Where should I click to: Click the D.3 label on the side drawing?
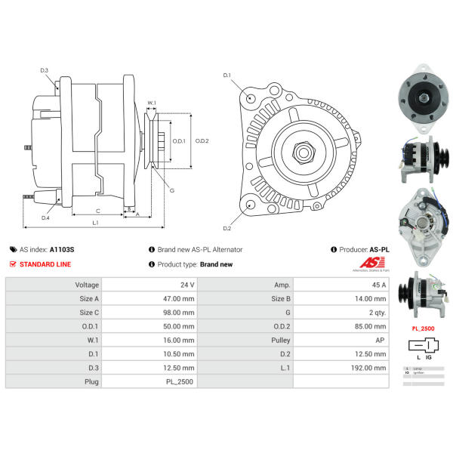[45, 70]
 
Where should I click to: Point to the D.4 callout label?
[45, 218]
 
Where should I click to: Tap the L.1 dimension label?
[96, 223]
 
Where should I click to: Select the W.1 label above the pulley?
[152, 103]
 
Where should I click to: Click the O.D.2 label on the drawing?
[202, 141]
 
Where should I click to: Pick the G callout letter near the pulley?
[172, 190]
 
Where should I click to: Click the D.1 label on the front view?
[226, 75]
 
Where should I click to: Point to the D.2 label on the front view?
[226, 228]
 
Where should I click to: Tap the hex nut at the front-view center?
[305, 152]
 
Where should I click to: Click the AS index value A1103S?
[62, 248]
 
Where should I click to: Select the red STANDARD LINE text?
[45, 264]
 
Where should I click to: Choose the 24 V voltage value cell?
[186, 285]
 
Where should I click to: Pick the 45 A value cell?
[377, 285]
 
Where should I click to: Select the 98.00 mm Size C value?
[179, 313]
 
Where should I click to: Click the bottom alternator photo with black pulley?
[421, 296]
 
